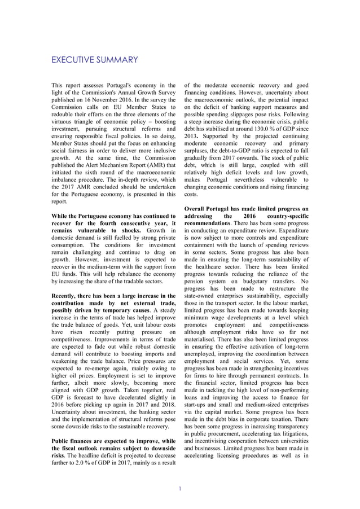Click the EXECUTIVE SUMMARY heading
pyautogui.click(x=94, y=59)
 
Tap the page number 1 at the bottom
pyautogui.click(x=179, y=489)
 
